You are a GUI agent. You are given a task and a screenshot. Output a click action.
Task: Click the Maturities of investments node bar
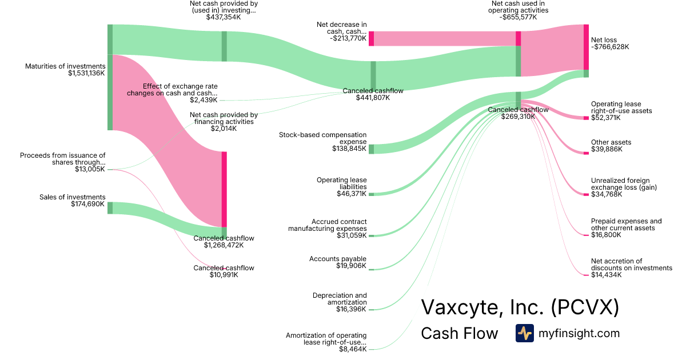click(x=110, y=77)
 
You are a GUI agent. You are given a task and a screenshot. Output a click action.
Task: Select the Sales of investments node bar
click(x=110, y=207)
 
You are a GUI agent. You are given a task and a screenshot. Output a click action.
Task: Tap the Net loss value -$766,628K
click(x=610, y=47)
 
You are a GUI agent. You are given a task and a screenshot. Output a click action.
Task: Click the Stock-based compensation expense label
click(x=322, y=138)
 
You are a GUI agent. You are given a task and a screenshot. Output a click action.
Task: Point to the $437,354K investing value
click(x=224, y=17)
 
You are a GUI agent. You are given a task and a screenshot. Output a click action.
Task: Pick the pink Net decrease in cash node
click(x=371, y=38)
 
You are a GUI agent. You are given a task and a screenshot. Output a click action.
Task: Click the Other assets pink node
click(x=586, y=152)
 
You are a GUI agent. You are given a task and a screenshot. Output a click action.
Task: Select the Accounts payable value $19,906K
click(x=352, y=266)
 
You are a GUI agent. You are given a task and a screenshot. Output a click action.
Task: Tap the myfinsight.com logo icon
click(x=524, y=333)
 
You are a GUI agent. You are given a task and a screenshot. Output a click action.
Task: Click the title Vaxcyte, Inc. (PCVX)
click(x=520, y=307)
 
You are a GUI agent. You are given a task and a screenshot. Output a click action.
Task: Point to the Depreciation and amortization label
click(x=340, y=298)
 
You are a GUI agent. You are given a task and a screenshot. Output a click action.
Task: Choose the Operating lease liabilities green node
click(x=371, y=194)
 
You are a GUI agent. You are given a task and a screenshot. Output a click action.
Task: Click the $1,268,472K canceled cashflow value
click(x=224, y=245)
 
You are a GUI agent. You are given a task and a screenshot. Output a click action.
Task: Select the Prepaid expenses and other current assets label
click(x=627, y=224)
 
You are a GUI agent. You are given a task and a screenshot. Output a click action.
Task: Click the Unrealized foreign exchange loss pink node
click(x=586, y=195)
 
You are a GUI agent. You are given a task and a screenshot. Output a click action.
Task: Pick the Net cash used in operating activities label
click(x=520, y=7)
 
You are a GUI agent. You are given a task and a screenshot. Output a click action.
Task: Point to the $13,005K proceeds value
click(x=90, y=169)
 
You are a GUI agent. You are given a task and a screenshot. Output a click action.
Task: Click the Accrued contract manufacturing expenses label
click(x=327, y=225)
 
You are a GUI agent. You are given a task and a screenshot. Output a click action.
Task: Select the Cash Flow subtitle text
click(x=459, y=333)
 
